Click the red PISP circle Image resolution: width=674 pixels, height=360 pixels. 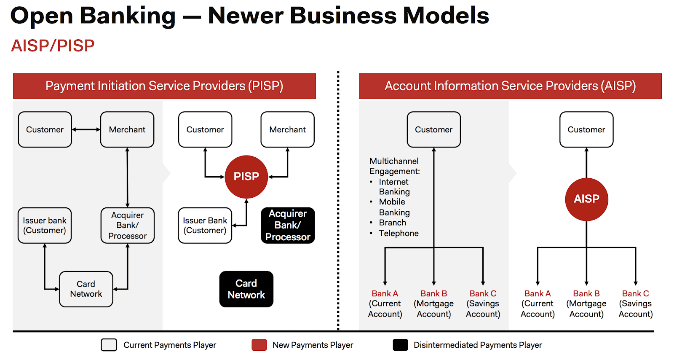246,177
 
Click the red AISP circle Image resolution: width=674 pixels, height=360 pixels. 586,199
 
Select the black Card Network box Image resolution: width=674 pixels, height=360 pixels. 246,289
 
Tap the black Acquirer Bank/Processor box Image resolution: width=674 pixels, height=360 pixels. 288,226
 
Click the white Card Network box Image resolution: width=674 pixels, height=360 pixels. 86,289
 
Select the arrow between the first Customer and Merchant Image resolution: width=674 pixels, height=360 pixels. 86,129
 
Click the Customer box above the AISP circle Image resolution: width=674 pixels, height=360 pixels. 586,129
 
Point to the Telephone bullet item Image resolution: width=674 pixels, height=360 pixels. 399,233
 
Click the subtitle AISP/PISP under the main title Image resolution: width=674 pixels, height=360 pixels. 53,46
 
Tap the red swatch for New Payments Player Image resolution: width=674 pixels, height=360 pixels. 259,345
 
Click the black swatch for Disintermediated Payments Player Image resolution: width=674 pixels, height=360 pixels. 400,345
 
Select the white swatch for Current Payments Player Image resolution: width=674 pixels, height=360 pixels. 109,345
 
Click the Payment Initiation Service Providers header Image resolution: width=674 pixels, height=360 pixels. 164,86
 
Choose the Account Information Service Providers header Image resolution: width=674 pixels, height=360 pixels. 510,86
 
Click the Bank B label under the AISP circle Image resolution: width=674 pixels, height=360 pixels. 586,294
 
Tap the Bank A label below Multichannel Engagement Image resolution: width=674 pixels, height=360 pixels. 385,294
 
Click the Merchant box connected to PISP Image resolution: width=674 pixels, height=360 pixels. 288,129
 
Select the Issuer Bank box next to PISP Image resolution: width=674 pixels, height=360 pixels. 205,226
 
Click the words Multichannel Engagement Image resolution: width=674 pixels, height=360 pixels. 394,166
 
